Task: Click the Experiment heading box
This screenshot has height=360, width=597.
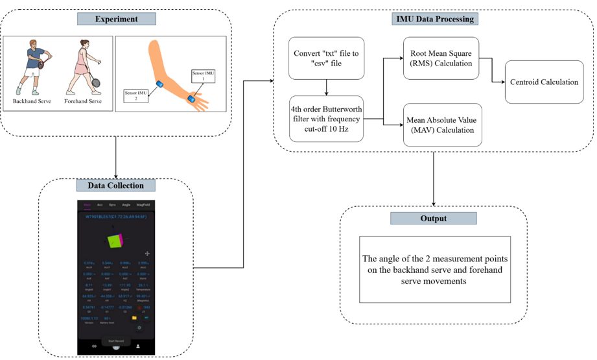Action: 117,18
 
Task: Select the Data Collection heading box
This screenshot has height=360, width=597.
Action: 116,185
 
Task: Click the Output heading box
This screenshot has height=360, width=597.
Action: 433,218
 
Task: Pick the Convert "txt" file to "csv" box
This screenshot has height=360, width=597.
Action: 326,58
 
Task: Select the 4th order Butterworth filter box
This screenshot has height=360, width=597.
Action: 326,118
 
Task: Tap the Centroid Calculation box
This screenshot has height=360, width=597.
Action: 544,82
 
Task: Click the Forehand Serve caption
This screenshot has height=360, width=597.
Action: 83,101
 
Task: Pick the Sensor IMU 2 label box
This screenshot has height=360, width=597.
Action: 136,96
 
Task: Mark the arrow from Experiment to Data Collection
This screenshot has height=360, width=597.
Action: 116,156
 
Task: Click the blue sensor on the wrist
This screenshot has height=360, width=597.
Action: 191,99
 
